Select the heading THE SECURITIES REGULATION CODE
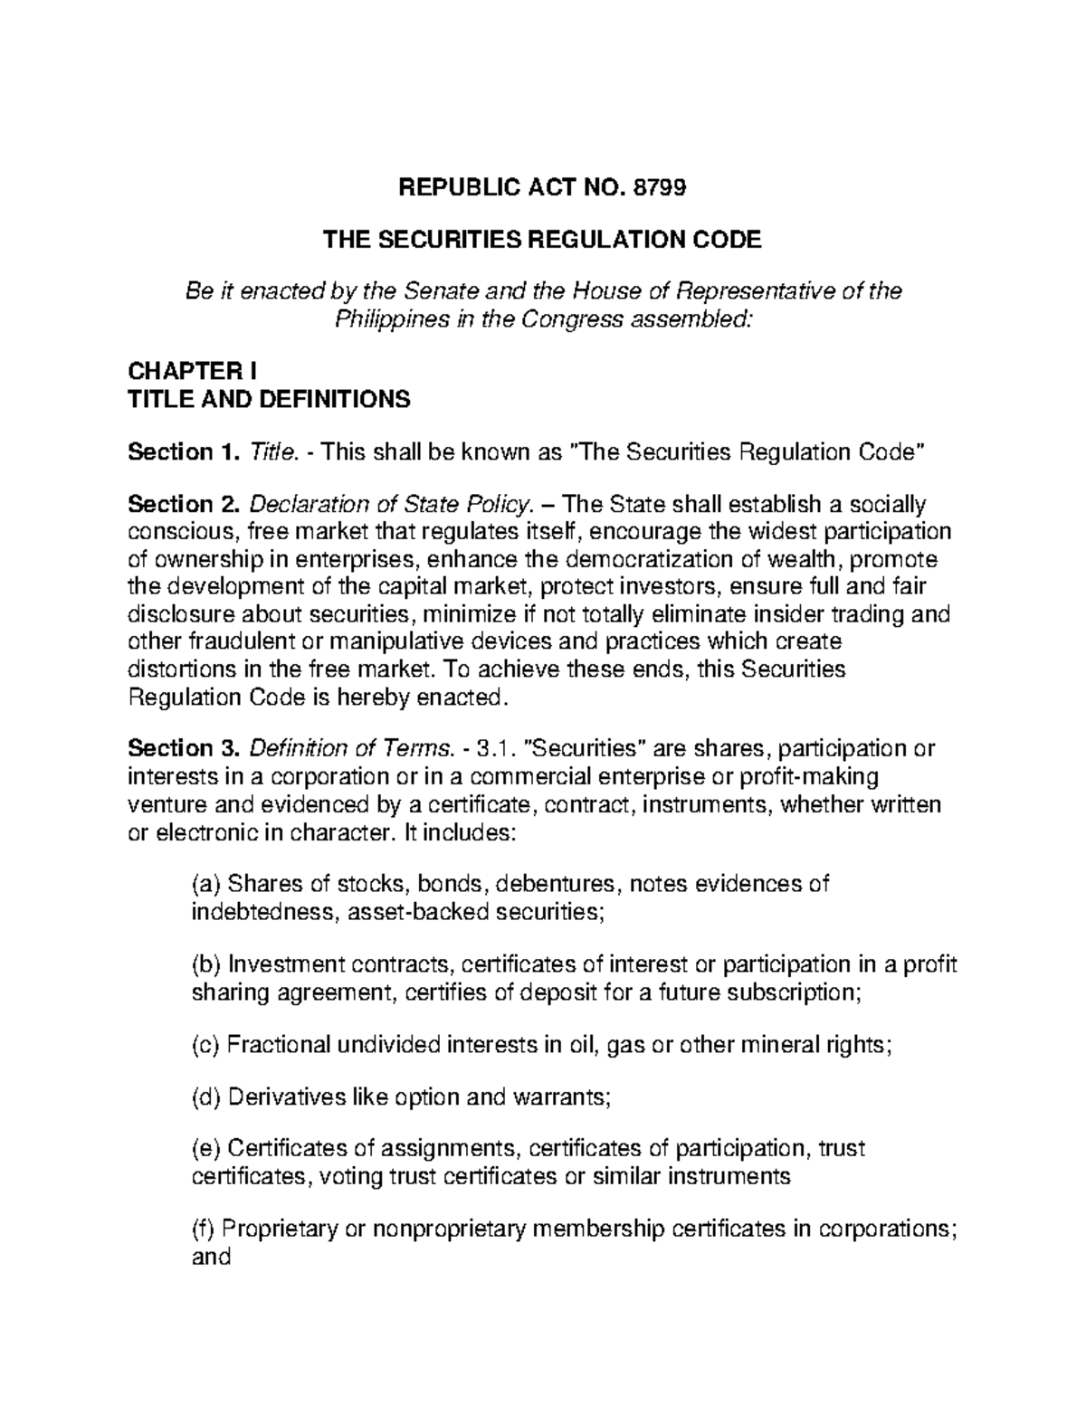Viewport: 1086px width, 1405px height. [543, 240]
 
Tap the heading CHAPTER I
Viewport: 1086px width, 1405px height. [193, 371]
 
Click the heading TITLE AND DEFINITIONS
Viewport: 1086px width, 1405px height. [270, 399]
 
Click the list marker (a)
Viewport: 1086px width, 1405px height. [205, 883]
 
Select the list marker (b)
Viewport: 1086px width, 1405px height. [205, 964]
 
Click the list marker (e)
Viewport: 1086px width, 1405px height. [205, 1149]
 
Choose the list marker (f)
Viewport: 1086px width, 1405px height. [203, 1229]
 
